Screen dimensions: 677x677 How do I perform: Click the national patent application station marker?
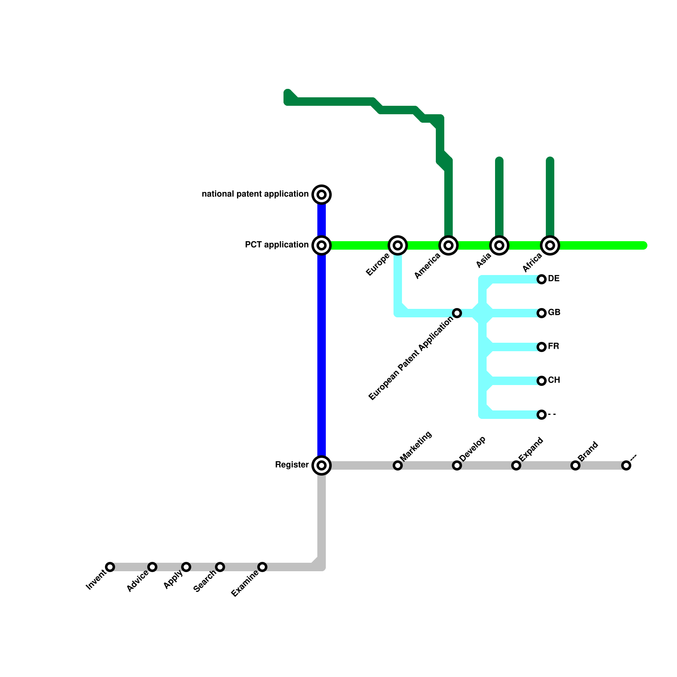click(x=322, y=195)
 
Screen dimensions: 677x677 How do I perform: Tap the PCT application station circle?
click(x=322, y=245)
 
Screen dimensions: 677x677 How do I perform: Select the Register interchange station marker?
click(x=322, y=465)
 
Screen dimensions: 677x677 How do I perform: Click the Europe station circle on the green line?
click(x=398, y=245)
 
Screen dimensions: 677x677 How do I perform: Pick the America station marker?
click(x=449, y=245)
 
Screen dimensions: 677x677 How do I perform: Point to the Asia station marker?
click(x=499, y=245)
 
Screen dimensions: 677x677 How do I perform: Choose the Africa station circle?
click(x=550, y=245)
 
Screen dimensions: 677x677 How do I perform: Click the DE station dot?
click(x=542, y=279)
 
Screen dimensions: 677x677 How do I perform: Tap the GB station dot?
click(x=542, y=313)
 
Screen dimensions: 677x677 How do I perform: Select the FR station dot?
click(x=542, y=347)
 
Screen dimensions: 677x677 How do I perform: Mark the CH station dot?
click(x=542, y=381)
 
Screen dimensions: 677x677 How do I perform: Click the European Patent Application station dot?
click(x=457, y=313)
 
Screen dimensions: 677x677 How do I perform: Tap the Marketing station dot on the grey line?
click(x=398, y=465)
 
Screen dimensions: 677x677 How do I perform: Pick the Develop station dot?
click(x=457, y=465)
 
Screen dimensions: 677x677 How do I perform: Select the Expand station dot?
click(x=516, y=465)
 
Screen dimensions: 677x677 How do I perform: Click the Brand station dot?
click(x=575, y=465)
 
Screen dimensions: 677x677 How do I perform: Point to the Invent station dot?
click(x=110, y=567)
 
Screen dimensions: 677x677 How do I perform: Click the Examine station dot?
click(x=262, y=567)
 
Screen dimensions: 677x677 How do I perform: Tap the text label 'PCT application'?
click(x=277, y=245)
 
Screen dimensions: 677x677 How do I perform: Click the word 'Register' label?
click(x=292, y=465)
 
